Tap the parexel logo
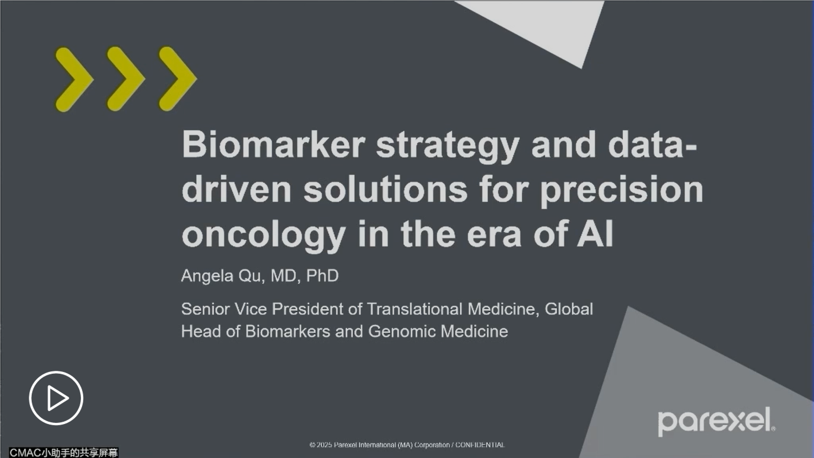(716, 421)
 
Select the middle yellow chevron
(125, 79)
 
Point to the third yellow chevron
(177, 79)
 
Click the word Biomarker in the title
(274, 145)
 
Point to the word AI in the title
(595, 234)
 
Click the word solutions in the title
(386, 189)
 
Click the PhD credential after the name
(322, 276)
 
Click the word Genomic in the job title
(402, 332)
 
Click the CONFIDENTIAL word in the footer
(480, 445)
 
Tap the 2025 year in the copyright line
(324, 445)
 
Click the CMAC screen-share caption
(64, 452)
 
